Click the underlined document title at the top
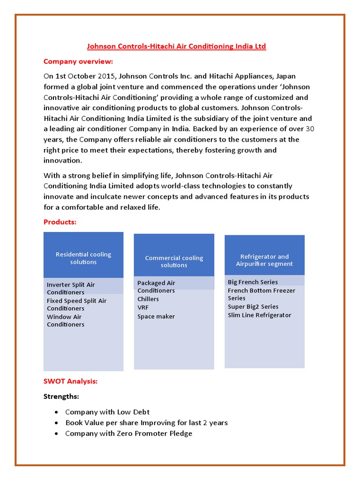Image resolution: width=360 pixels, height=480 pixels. tap(177, 46)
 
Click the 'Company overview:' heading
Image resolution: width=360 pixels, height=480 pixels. tap(78, 61)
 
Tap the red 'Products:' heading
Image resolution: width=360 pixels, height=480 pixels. tap(60, 222)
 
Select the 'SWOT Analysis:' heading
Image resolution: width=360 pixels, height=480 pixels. tap(71, 381)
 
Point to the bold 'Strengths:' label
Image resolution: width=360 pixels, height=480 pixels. tap(61, 397)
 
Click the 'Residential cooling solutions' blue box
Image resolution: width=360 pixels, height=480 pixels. tap(83, 258)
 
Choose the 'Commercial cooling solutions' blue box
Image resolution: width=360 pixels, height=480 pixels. tap(174, 262)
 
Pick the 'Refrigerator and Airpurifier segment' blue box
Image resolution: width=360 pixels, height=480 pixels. tap(264, 260)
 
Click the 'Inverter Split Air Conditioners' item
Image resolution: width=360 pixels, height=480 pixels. tap(71, 288)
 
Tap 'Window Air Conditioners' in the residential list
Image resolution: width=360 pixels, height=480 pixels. tap(66, 321)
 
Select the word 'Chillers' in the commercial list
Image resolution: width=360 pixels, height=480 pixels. tap(148, 299)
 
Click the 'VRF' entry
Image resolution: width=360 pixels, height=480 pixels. tap(143, 307)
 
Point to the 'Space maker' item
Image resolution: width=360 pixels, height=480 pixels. tap(156, 316)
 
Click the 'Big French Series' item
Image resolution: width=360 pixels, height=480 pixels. tap(253, 282)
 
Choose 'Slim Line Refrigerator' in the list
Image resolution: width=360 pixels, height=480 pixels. tap(259, 315)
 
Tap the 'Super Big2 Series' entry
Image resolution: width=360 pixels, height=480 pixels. tap(253, 307)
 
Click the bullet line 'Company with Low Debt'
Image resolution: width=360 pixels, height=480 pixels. tap(107, 412)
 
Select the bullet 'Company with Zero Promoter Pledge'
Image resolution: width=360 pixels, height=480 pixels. tap(128, 434)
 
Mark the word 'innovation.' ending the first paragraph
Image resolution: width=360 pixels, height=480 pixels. tap(62, 161)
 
